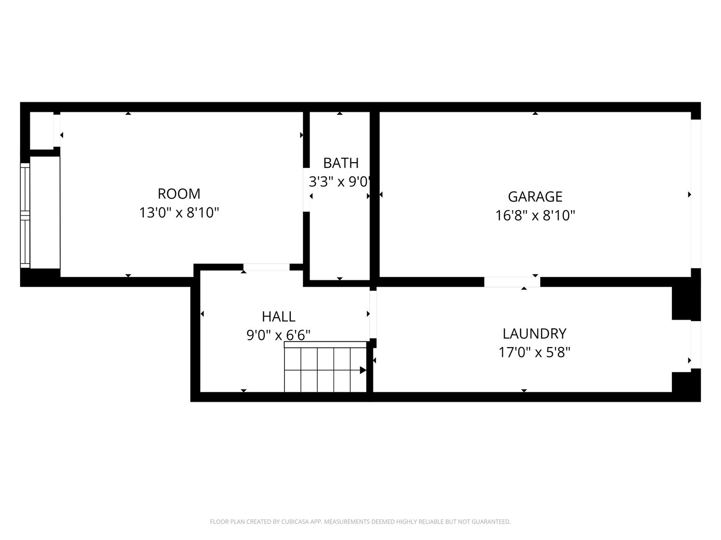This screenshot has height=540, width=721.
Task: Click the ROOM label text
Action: coord(179,194)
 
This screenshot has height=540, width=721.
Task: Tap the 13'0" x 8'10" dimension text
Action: coord(179,213)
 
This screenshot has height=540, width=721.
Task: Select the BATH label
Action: coord(341,163)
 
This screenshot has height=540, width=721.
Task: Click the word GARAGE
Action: coord(535,197)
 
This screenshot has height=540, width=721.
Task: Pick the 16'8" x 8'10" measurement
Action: coord(535,216)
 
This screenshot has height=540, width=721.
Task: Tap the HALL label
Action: coord(278,317)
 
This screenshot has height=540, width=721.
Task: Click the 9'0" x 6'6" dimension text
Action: coord(278,336)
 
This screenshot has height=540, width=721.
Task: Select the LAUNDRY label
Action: coord(535,334)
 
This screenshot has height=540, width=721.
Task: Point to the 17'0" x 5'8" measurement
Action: coord(535,353)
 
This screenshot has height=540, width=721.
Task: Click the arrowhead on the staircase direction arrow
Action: coord(363,370)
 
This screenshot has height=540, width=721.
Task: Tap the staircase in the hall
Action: coord(325,367)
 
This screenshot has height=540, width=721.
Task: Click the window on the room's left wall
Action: coord(25,216)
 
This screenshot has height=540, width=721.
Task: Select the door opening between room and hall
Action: coord(266,267)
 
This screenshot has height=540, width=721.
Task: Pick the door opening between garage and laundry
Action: coord(512,282)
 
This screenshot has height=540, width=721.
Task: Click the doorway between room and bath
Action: coord(306,190)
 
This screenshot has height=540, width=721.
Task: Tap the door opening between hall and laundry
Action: coord(373,314)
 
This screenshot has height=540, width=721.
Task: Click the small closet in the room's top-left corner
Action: coord(42,131)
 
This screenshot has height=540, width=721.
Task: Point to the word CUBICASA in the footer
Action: coord(295,522)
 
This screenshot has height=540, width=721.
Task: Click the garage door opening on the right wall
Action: coord(696,194)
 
